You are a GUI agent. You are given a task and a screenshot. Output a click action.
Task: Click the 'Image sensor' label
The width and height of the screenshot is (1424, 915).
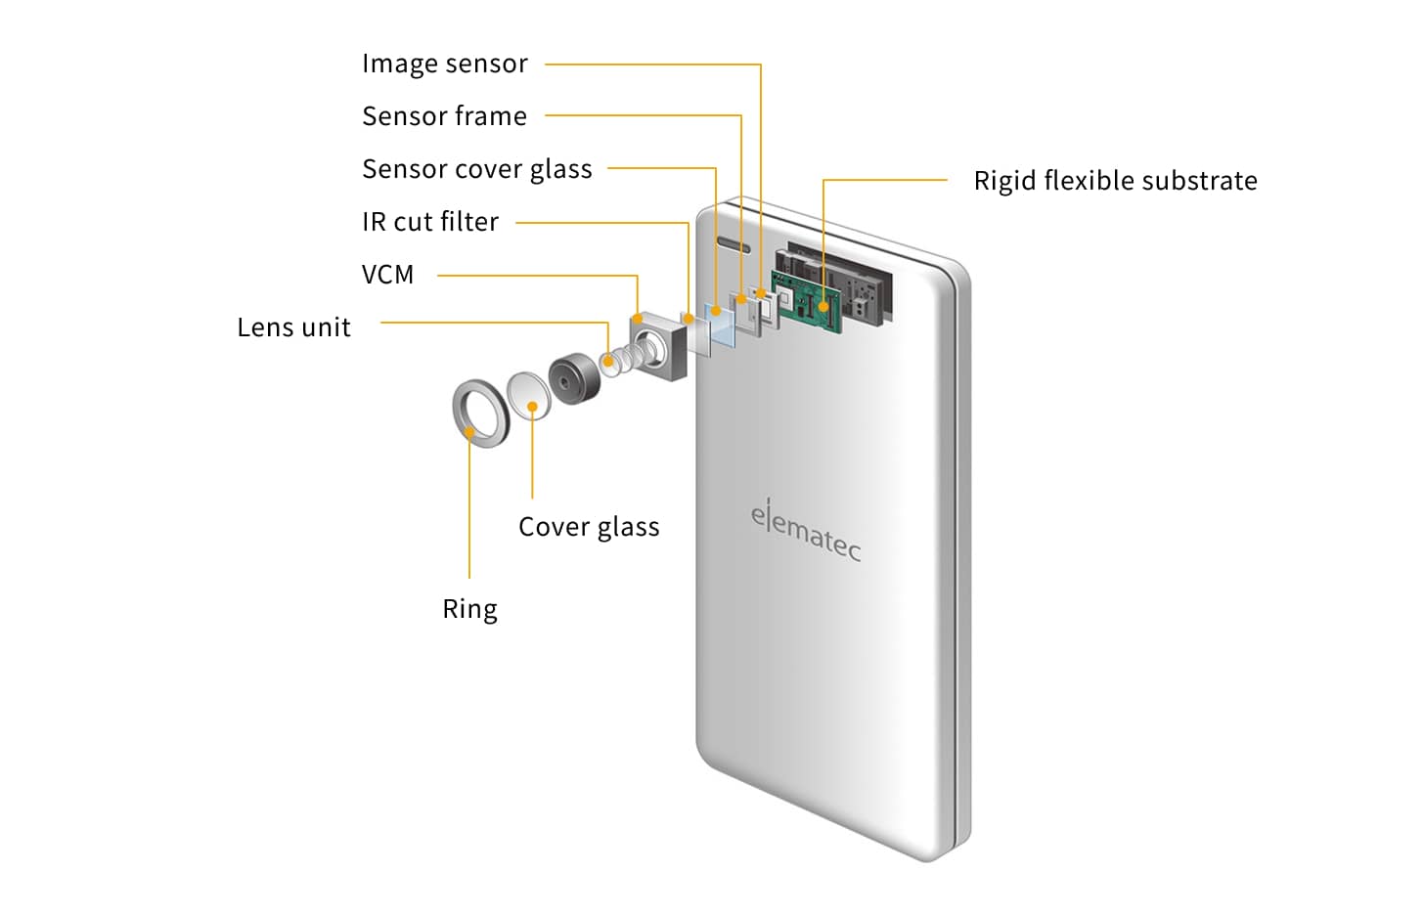pyautogui.click(x=445, y=64)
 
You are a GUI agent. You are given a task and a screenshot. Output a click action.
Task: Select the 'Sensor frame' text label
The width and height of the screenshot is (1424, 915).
pyautogui.click(x=445, y=116)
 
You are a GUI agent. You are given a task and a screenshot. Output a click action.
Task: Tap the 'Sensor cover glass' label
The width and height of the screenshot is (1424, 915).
pyautogui.click(x=477, y=169)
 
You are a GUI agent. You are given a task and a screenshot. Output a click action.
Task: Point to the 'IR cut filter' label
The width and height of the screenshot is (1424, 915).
pyautogui.click(x=430, y=222)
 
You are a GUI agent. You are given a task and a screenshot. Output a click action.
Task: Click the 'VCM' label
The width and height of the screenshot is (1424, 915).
pyautogui.click(x=388, y=275)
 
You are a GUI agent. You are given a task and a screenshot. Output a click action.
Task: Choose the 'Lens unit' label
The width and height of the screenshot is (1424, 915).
pyautogui.click(x=293, y=327)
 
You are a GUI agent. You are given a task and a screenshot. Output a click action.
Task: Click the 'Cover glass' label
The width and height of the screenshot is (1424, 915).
pyautogui.click(x=589, y=527)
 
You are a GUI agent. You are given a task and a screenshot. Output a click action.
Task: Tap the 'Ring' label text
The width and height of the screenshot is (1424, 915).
pyautogui.click(x=469, y=609)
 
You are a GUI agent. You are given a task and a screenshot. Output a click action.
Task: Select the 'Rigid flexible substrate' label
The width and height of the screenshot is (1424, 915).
pyautogui.click(x=1115, y=181)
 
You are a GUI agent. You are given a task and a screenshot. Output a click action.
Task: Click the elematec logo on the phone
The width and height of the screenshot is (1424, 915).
pyautogui.click(x=806, y=531)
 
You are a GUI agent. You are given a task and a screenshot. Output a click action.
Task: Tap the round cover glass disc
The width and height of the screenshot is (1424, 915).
pyautogui.click(x=529, y=394)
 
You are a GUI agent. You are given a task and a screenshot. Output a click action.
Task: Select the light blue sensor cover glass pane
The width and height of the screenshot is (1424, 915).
pyautogui.click(x=723, y=326)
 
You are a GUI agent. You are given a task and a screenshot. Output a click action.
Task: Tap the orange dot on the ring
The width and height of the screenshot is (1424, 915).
pyautogui.click(x=470, y=430)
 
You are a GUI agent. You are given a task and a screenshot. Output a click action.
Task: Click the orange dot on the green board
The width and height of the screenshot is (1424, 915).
pyautogui.click(x=823, y=306)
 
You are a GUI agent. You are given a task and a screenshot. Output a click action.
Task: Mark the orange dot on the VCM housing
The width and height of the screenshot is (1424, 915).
pyautogui.click(x=638, y=318)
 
